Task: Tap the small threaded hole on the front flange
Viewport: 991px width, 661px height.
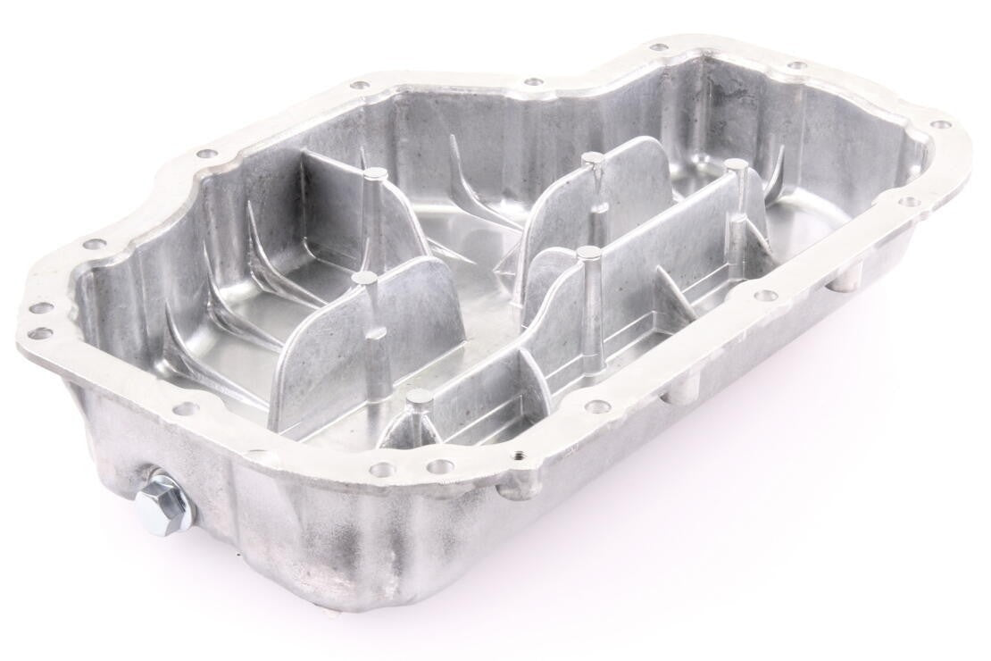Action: point(519,455)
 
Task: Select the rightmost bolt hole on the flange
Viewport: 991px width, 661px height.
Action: point(941,126)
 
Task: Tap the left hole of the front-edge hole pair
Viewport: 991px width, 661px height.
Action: point(381,469)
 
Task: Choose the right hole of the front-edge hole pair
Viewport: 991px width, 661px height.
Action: point(437,466)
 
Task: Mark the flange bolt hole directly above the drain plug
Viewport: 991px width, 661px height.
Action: point(185,409)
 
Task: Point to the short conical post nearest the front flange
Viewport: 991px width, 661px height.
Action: point(419,396)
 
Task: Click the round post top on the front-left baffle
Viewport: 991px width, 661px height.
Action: point(363,280)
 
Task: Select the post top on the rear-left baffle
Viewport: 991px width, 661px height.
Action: point(377,173)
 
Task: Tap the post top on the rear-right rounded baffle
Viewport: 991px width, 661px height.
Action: point(592,160)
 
